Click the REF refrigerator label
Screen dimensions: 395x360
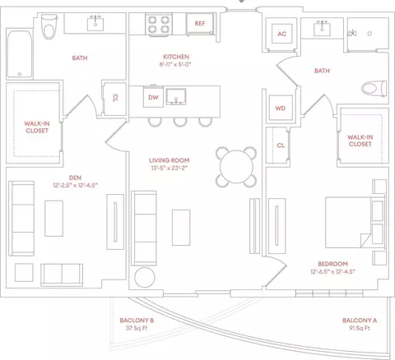tap(200, 24)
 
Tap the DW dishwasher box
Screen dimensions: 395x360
tap(153, 97)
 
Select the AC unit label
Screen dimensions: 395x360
tap(282, 34)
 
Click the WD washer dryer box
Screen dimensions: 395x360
tap(281, 108)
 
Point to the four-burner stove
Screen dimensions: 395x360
tap(159, 25)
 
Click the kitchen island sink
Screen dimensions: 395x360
tap(176, 97)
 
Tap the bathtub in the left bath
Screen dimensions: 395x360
tap(19, 54)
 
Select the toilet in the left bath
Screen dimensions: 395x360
tap(49, 27)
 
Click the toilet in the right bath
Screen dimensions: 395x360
tap(374, 88)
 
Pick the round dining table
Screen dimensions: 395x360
tap(236, 167)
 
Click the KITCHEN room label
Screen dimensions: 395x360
tap(176, 57)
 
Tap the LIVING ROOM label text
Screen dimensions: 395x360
tap(170, 160)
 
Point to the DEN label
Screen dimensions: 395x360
tap(75, 178)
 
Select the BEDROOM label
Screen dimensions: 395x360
tap(332, 264)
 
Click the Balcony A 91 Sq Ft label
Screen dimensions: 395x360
tap(360, 324)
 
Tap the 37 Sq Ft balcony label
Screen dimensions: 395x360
tap(137, 328)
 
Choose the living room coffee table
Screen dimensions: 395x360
tap(181, 228)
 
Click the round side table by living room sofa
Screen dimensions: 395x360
tap(145, 277)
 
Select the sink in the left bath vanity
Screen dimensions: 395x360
tap(95, 24)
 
